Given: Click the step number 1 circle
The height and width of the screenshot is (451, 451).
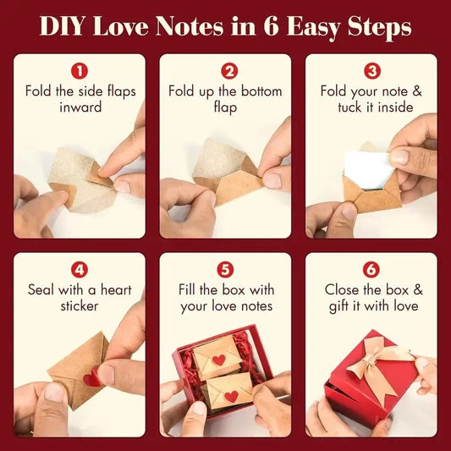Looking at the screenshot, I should click(x=80, y=71).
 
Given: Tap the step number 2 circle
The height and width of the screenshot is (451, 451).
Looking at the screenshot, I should click(x=226, y=71).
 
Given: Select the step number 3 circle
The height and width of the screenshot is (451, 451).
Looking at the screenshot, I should click(x=371, y=71).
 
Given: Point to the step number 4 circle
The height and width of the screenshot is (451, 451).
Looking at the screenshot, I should click(x=80, y=271).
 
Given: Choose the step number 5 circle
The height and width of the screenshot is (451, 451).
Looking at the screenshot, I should click(x=226, y=271).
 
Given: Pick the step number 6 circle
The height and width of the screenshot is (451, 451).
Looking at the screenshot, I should click(x=371, y=271).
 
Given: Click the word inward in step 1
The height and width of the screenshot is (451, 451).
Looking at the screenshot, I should click(x=80, y=107).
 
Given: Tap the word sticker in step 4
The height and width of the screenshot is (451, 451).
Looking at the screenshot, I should click(x=80, y=306).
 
